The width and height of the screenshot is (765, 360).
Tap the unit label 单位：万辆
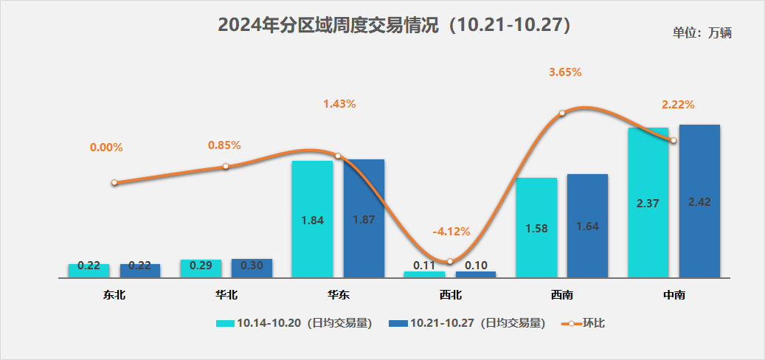click(702, 32)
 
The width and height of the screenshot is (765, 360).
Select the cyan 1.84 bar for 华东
click(313, 219)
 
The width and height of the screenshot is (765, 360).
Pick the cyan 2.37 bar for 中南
click(648, 203)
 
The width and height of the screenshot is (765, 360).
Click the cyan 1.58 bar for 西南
click(536, 228)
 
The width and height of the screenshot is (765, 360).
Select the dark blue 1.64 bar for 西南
click(587, 226)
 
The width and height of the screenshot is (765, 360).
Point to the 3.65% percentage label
click(565, 72)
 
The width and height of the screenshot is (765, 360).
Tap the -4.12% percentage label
click(451, 231)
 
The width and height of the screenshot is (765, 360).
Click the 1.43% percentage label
click(339, 104)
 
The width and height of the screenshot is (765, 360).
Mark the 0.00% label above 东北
click(106, 148)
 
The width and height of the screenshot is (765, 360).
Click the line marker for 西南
click(562, 113)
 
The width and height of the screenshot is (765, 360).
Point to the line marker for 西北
click(449, 261)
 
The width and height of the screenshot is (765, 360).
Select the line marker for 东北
click(114, 182)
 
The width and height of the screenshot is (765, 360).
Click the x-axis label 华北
click(226, 295)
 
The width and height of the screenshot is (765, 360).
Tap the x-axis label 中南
click(674, 295)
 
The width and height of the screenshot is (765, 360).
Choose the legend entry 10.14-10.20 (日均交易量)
click(293, 323)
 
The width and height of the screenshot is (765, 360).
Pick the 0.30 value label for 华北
click(252, 266)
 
